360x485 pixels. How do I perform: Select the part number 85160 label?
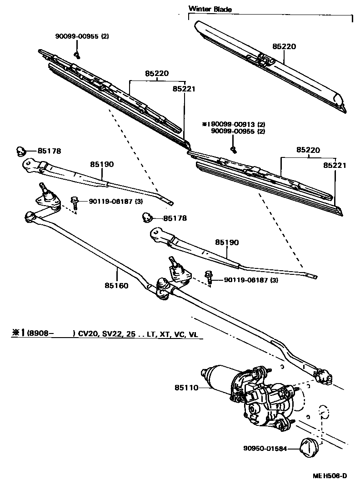click(x=116, y=286)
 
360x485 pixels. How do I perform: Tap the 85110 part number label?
click(x=186, y=388)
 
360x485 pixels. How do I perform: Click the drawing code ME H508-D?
click(x=330, y=476)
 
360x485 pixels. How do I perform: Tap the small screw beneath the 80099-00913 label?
click(x=234, y=149)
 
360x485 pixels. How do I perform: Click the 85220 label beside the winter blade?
click(x=284, y=46)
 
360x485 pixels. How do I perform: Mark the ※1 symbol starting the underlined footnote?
click(x=19, y=333)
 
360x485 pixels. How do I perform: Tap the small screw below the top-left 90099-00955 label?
click(x=77, y=56)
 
